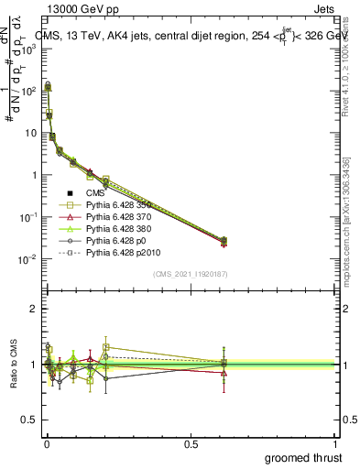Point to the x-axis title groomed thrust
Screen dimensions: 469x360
[303, 457]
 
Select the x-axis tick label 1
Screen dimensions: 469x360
[334, 444]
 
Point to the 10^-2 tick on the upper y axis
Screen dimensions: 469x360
[28, 259]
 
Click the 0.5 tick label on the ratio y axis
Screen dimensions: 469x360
[28, 420]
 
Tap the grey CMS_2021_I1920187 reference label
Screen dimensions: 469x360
[191, 274]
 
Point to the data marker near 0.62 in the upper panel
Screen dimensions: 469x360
[224, 240]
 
